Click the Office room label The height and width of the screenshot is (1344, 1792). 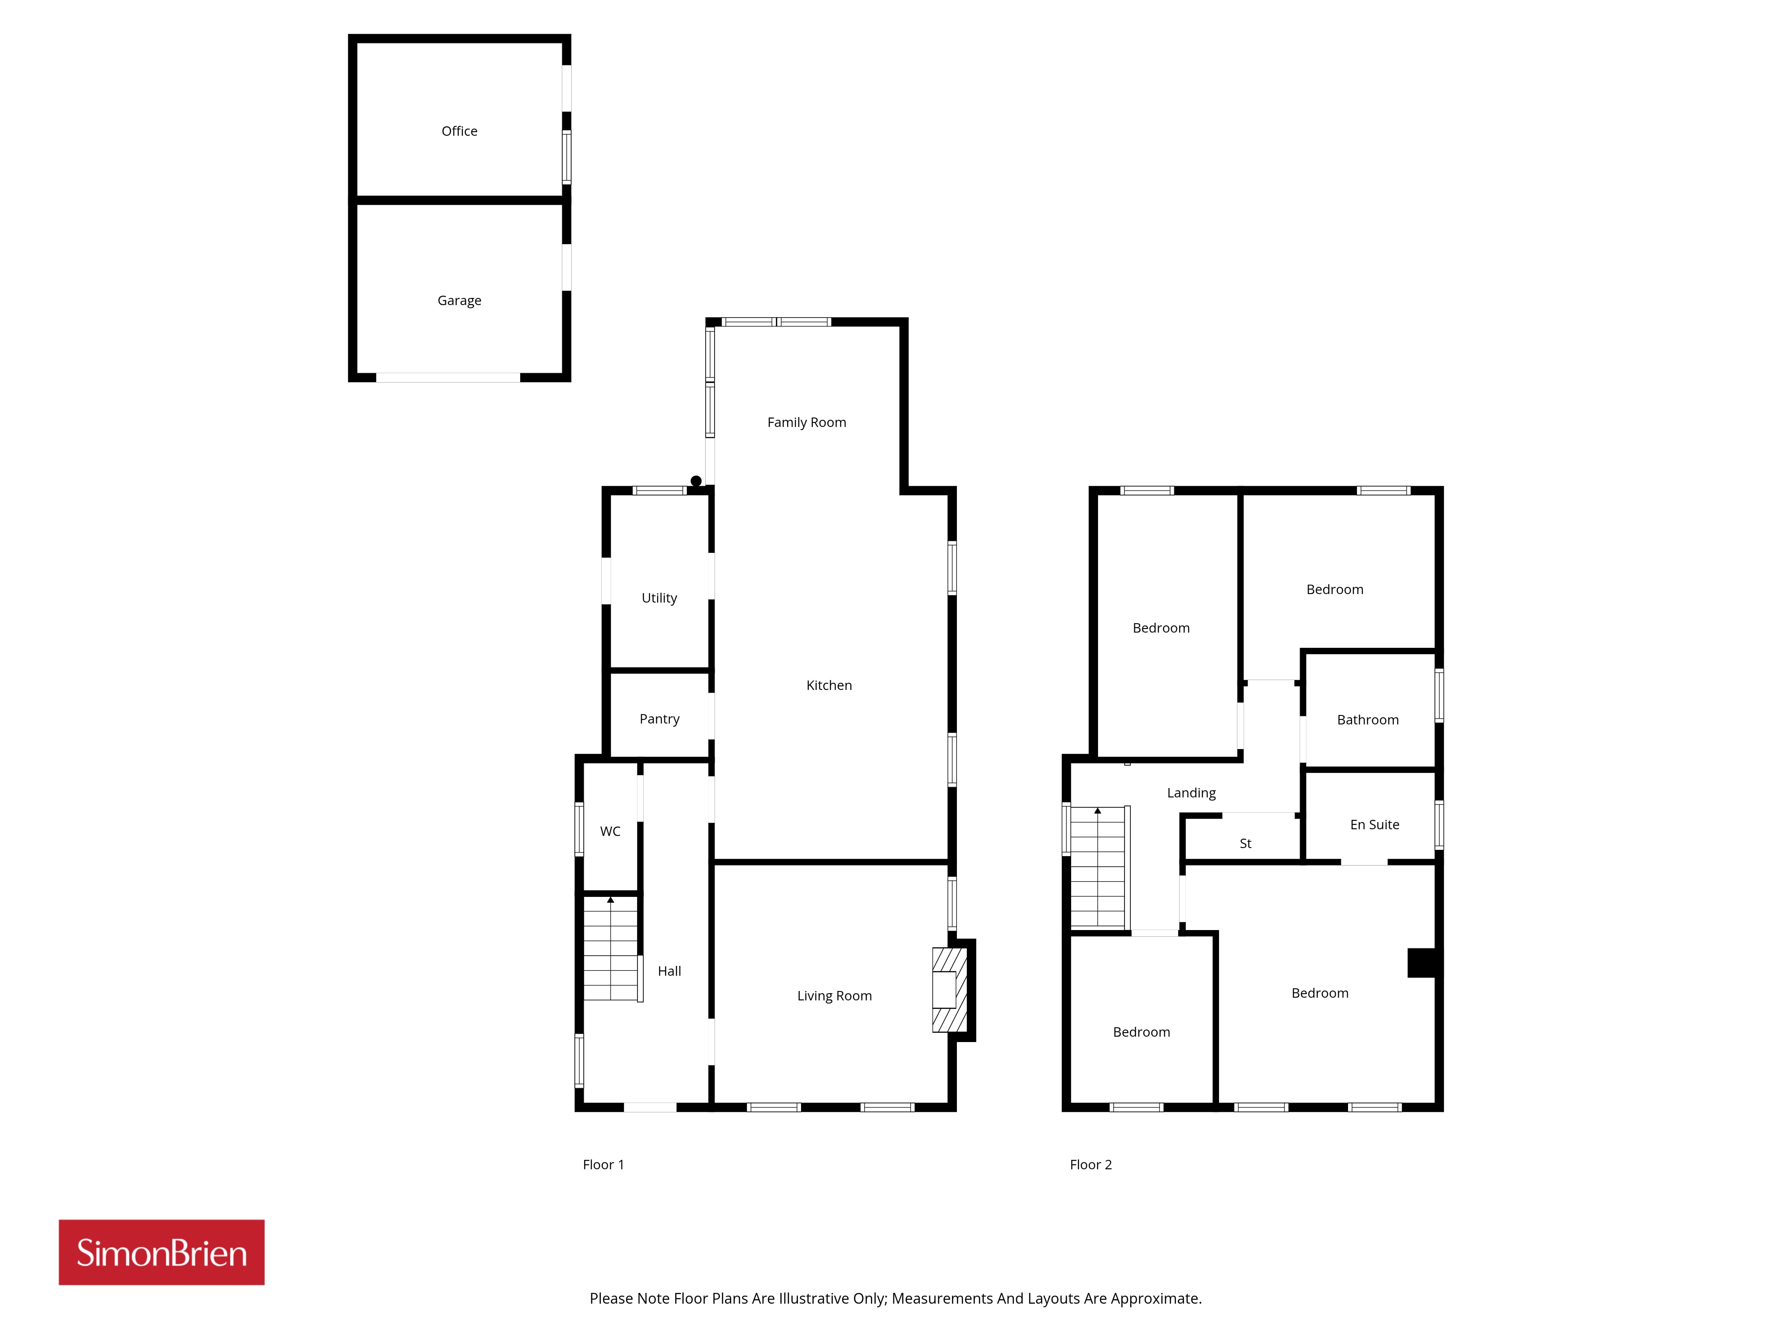459,131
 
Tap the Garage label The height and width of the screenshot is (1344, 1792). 459,301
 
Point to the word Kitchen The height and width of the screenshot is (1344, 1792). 829,685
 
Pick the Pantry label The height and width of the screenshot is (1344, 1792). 659,719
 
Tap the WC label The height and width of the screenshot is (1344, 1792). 610,831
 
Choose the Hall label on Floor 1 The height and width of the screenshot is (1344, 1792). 669,971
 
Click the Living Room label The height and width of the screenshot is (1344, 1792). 835,995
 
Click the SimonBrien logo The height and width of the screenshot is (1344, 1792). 161,1253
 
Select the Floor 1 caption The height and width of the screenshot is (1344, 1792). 603,1165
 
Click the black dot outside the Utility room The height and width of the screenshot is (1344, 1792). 696,481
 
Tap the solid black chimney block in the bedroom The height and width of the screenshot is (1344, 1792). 1422,962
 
